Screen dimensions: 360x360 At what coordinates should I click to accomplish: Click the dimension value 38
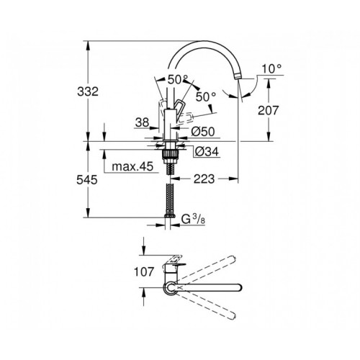[141, 123]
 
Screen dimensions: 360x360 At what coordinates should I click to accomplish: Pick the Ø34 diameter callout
[206, 150]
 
